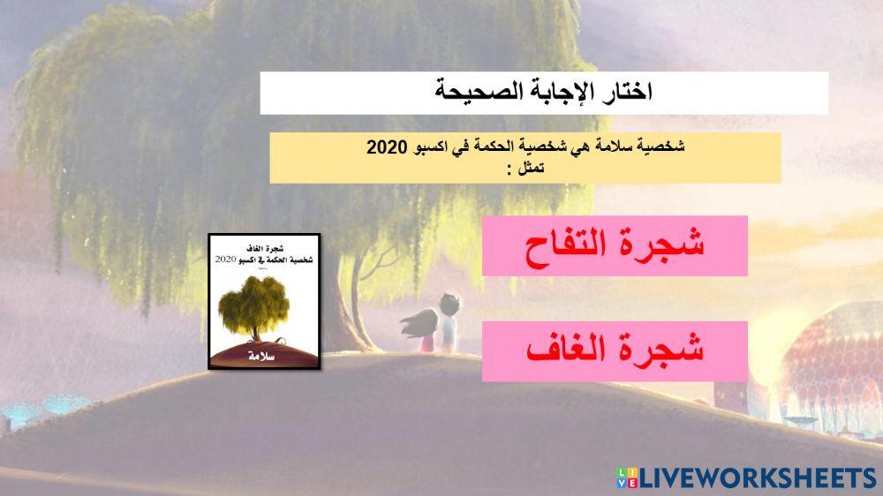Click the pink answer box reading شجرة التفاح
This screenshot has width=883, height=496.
click(x=615, y=245)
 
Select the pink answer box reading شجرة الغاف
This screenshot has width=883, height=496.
click(x=615, y=351)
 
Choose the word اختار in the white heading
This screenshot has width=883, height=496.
click(x=623, y=92)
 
